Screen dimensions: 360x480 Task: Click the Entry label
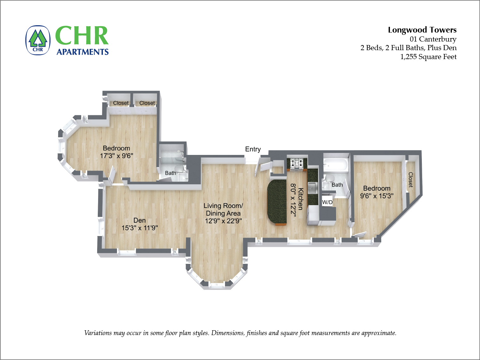click(x=253, y=149)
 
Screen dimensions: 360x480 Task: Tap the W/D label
click(x=327, y=202)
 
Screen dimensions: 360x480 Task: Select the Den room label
click(x=139, y=220)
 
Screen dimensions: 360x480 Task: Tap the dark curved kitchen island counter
click(x=277, y=202)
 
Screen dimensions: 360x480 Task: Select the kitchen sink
click(x=312, y=188)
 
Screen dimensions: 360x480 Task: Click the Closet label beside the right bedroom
click(x=411, y=180)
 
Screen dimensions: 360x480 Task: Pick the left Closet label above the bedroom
click(x=121, y=103)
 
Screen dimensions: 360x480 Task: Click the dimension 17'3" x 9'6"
click(x=116, y=156)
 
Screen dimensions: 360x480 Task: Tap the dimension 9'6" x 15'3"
click(x=377, y=196)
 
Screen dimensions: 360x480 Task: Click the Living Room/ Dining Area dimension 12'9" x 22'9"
click(x=223, y=221)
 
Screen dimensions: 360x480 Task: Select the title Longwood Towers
click(x=422, y=30)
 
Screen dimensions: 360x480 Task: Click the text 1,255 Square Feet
click(x=428, y=57)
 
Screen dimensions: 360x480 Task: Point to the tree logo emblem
click(x=38, y=40)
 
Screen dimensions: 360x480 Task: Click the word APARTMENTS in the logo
click(x=82, y=52)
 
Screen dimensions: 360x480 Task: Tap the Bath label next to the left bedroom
click(x=170, y=173)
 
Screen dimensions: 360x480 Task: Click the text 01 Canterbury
click(x=433, y=39)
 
